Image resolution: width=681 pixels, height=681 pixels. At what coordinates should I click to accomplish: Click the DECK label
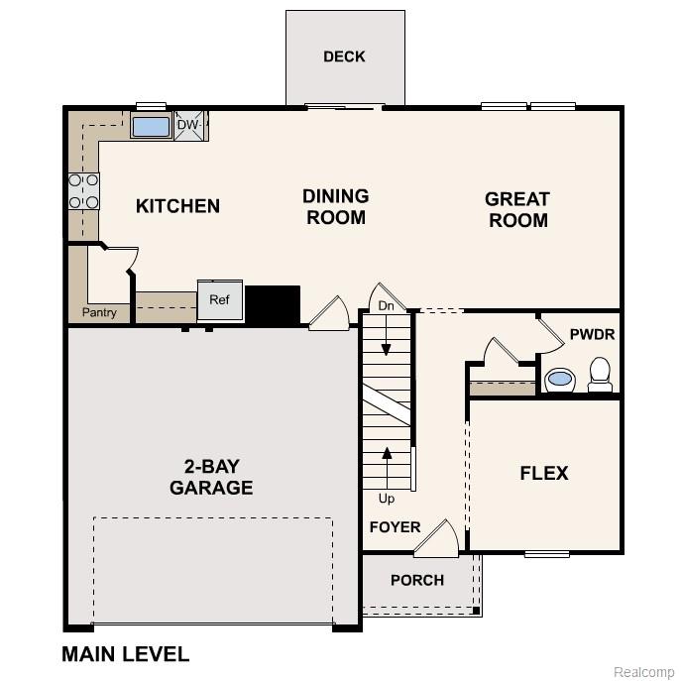coord(344,57)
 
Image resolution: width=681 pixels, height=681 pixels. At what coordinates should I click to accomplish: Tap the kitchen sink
coord(152,127)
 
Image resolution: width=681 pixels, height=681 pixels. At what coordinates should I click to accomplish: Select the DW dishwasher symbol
coord(189,126)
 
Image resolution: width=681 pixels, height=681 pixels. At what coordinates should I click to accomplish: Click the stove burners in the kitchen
coord(83,190)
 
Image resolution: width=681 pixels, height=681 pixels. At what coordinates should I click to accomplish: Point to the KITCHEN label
coord(177,206)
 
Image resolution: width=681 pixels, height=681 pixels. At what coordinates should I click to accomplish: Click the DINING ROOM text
coord(335,207)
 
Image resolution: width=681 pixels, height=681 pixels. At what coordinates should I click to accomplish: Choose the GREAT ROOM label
coord(516,209)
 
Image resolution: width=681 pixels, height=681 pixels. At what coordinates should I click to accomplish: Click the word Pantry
coord(99,313)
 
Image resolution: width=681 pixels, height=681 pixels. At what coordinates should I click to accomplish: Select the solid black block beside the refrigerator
coord(272,303)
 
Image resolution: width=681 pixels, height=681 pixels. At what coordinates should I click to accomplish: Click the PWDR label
coord(592,334)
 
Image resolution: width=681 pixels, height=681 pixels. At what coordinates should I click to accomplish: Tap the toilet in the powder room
coord(600,374)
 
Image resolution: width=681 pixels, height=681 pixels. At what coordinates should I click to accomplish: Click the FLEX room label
coord(544,473)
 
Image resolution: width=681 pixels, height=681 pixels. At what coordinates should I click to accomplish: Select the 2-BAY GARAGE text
coord(211,477)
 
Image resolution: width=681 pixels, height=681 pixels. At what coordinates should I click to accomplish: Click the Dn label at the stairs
coord(387,306)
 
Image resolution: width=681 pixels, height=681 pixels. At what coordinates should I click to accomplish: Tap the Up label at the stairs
coord(387,499)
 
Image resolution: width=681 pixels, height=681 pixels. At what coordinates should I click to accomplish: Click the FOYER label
coord(395,527)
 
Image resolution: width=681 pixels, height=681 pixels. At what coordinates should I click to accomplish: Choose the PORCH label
coord(416,580)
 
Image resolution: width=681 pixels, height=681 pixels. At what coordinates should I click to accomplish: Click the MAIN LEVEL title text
coord(125,654)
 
